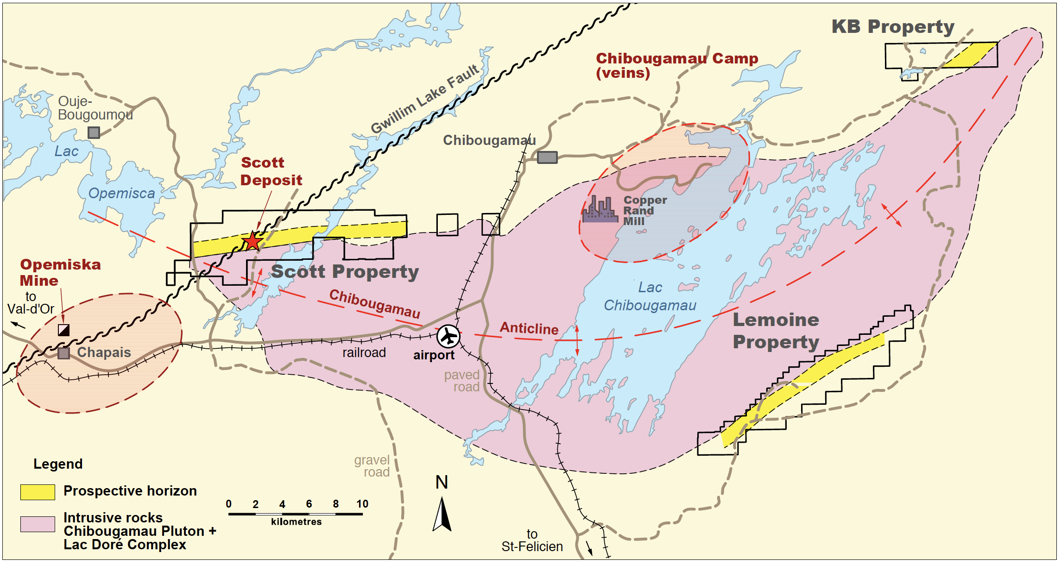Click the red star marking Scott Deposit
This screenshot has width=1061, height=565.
[x=252, y=241]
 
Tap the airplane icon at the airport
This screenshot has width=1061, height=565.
[x=448, y=336]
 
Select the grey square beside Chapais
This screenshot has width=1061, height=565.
[x=63, y=353]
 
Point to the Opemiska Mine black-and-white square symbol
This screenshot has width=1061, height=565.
[x=63, y=330]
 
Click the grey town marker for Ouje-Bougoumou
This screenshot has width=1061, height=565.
[x=94, y=133]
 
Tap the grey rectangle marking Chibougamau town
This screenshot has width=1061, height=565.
[x=547, y=157]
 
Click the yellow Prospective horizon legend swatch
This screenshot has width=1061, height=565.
[x=38, y=492]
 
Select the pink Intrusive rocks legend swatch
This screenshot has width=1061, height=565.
[x=38, y=524]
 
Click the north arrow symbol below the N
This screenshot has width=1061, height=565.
[x=442, y=514]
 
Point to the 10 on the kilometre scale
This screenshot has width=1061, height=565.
[x=362, y=504]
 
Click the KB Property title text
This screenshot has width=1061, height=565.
[x=892, y=27]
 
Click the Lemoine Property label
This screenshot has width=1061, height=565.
[x=776, y=331]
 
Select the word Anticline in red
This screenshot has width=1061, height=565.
[x=529, y=328]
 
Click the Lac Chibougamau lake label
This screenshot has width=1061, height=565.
[x=650, y=296]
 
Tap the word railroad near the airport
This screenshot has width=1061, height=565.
[x=364, y=353]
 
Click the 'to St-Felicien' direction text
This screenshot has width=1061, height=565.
[x=532, y=541]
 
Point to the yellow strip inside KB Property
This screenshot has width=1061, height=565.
[x=971, y=55]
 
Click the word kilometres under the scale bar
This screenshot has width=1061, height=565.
[x=296, y=522]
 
